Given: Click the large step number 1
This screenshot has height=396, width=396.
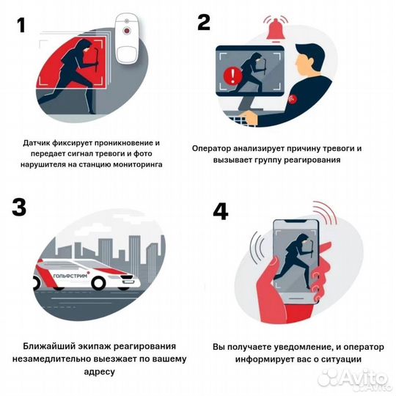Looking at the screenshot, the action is coord(22,25).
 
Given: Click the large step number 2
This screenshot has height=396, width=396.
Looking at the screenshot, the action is coord(204,22).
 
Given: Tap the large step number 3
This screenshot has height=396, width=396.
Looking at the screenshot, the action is coord(18,207).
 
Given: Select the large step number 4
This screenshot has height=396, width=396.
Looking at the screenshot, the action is coord(221,211).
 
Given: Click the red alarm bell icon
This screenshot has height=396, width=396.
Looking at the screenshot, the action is coord(276,29).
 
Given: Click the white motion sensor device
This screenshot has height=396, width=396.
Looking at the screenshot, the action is coord(127,38).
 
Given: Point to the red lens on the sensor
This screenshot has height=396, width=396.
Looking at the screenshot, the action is coord(127,31).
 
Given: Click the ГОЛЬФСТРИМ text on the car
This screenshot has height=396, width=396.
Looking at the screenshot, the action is coord(70,276).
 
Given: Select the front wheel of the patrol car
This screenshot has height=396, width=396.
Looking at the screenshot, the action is coord(98,282).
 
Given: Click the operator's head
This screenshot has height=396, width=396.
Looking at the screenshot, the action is coord(310,61).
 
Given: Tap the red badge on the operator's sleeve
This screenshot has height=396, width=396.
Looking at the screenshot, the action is coord(293,100).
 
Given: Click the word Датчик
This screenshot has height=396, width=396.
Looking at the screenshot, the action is coord(37,143).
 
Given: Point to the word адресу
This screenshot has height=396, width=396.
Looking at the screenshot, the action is coord(99,372).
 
